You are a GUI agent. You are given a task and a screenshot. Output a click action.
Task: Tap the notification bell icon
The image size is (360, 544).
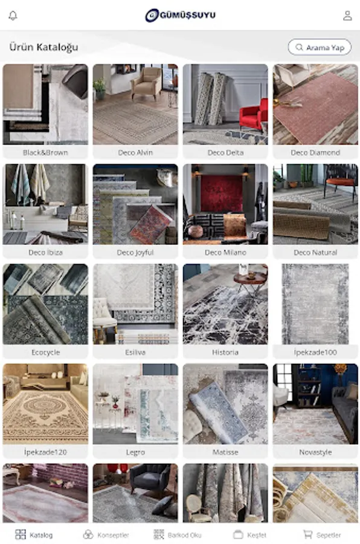[x=13, y=16]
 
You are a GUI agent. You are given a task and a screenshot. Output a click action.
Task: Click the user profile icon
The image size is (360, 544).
[x=347, y=16]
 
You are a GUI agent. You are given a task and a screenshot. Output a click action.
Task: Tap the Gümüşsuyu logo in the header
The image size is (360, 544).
[x=181, y=15]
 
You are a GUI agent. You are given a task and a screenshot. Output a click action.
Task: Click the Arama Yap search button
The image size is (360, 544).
[x=320, y=47]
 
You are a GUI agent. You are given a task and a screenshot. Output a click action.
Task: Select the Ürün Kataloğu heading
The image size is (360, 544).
[x=43, y=47]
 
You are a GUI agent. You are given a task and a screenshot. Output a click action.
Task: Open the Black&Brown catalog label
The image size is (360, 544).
[x=45, y=152]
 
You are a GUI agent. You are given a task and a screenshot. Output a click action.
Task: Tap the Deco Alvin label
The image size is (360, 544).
[x=135, y=152]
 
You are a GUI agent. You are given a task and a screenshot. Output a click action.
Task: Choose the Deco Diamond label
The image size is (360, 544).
[x=315, y=152]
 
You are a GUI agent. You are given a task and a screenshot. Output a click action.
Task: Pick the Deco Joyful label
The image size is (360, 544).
[x=135, y=252]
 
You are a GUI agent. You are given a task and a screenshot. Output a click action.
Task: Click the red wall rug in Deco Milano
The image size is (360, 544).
[x=222, y=193]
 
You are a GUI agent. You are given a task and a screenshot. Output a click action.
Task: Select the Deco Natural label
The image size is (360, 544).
[x=315, y=252]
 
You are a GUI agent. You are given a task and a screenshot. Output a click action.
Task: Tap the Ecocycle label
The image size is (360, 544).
[x=45, y=352]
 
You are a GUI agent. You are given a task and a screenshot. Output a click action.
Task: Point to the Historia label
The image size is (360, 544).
[x=225, y=352]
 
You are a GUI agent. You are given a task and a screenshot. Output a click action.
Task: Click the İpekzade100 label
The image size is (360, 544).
[x=315, y=352]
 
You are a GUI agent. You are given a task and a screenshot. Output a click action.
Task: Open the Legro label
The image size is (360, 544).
[x=135, y=452]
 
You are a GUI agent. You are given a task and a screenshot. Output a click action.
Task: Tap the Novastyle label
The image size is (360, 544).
[x=315, y=452]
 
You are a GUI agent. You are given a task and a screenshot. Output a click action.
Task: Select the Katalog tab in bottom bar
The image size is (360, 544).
[x=34, y=535]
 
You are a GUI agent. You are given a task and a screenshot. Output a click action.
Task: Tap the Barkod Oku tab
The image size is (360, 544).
[x=177, y=535]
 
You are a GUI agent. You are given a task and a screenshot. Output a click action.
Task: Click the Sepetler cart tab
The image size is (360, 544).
[x=322, y=535]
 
